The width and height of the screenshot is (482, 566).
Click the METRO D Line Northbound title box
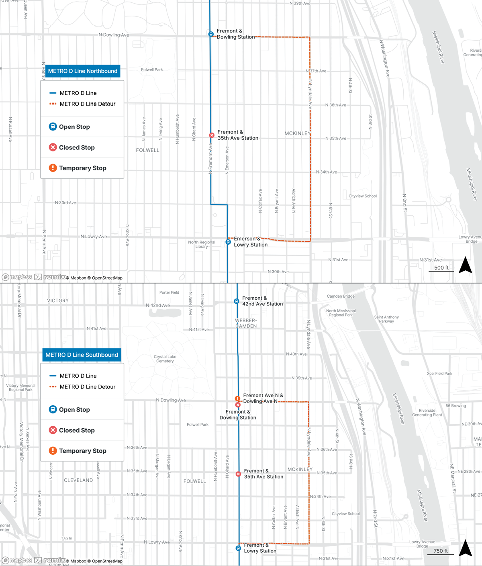pyautogui.click(x=83, y=71)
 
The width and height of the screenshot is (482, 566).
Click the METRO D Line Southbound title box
pyautogui.click(x=82, y=355)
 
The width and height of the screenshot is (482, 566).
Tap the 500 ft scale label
pyautogui.click(x=441, y=268)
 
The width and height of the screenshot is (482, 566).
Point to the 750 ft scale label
pyautogui.click(x=441, y=551)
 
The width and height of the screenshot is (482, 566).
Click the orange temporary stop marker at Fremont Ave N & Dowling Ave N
pyautogui.click(x=237, y=399)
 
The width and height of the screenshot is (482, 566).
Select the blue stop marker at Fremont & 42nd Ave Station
pyautogui.click(x=236, y=301)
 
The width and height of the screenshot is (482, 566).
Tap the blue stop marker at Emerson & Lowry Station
pyautogui.click(x=228, y=242)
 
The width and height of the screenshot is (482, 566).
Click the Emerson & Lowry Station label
pyautogui.click(x=251, y=241)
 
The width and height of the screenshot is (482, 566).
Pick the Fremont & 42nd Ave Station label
pyautogui.click(x=262, y=301)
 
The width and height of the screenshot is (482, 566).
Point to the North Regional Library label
pyautogui.click(x=202, y=244)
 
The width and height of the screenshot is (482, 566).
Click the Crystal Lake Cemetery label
pyautogui.click(x=165, y=359)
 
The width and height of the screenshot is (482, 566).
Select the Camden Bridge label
pyautogui.click(x=341, y=296)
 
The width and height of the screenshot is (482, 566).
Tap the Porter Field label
pyautogui.click(x=169, y=292)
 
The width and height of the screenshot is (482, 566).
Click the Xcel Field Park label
pyautogui.click(x=439, y=373)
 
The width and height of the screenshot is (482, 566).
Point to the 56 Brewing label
pyautogui.click(x=455, y=406)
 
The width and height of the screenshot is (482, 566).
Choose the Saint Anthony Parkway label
pyautogui.click(x=386, y=319)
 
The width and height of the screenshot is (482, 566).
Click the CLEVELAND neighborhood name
pyautogui.click(x=78, y=480)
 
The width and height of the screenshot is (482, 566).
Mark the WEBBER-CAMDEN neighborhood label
pyautogui.click(x=246, y=323)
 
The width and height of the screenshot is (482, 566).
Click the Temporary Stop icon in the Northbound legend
pyautogui.click(x=53, y=168)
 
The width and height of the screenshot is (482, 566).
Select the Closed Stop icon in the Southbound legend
pyautogui.click(x=53, y=430)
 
